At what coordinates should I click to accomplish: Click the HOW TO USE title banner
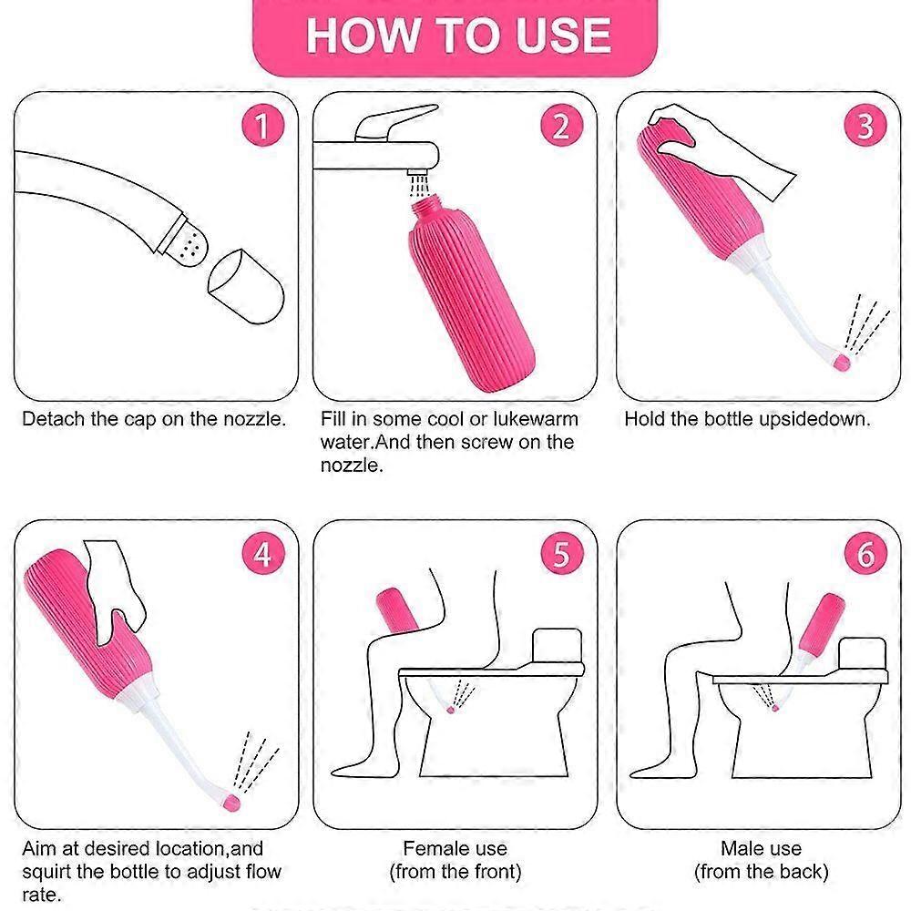coord(455,35)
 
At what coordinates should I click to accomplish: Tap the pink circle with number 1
coord(262,126)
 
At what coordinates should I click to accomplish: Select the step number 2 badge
coord(561,126)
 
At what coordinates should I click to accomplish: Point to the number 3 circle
coord(865,126)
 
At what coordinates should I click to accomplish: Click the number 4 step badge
coord(262,553)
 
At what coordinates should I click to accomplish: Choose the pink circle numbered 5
coord(561,553)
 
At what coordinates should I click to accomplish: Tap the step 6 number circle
coord(865,553)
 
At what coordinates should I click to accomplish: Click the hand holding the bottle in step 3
coord(729,141)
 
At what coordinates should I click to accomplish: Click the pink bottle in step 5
coord(398,611)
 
